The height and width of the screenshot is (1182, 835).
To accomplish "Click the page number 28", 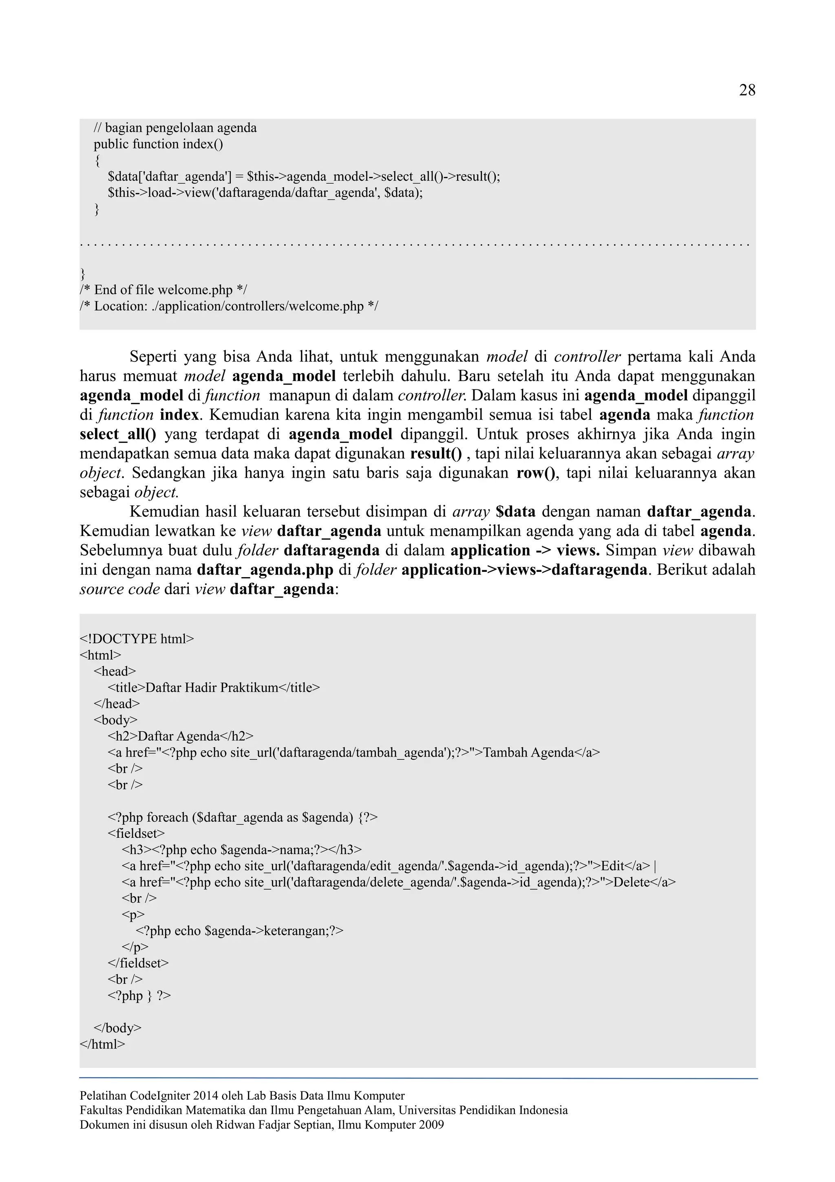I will click(x=747, y=91).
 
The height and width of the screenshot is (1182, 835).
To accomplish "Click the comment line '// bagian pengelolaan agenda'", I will click(x=175, y=128).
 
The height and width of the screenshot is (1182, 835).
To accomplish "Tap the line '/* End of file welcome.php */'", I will click(x=163, y=290).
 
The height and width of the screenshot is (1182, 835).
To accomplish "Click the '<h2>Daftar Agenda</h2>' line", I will click(x=180, y=736).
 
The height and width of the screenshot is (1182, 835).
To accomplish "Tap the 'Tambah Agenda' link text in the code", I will click(x=528, y=753).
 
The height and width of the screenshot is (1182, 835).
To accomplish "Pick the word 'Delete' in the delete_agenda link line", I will click(x=631, y=882).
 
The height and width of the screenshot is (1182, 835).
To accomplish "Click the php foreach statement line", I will click(x=242, y=817).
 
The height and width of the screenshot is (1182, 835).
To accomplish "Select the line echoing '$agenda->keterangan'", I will click(x=239, y=931).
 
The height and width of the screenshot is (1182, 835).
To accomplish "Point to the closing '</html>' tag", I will click(x=102, y=1044).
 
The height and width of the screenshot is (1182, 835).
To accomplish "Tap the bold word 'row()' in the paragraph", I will click(x=536, y=473).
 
